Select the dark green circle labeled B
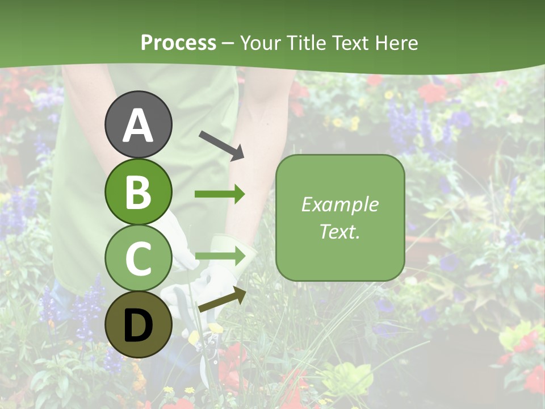click(x=139, y=192)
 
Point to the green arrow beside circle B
click(x=220, y=194)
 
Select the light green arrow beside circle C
click(x=220, y=257)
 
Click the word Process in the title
click(x=178, y=43)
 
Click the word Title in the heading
click(x=304, y=43)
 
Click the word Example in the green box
click(x=340, y=204)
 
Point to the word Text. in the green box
click(x=340, y=231)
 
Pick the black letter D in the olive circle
click(x=139, y=325)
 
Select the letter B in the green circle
click(x=139, y=192)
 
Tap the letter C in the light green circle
click(x=139, y=258)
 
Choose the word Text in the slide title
click(x=349, y=43)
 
